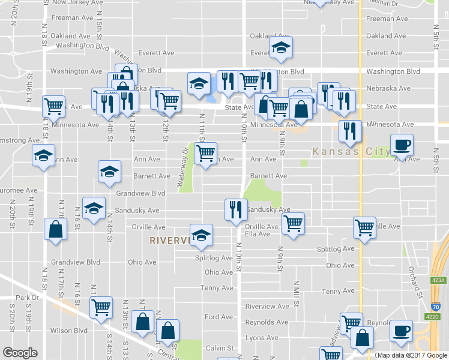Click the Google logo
20,353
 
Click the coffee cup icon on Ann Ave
402,145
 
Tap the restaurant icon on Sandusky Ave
234,209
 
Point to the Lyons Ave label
262,338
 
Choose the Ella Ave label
257,234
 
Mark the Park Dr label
26,298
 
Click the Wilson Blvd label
70,330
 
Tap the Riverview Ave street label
267,306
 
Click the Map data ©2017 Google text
411,355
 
